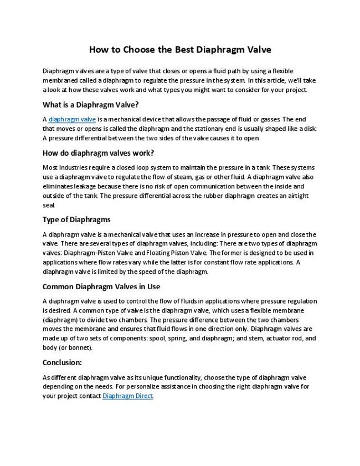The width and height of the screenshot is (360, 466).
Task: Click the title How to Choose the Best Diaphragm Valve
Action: (180, 50)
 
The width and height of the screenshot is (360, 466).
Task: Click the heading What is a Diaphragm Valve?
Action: (90, 104)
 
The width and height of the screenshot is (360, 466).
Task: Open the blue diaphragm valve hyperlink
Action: (73, 119)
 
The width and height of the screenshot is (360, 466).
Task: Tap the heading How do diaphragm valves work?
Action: (98, 153)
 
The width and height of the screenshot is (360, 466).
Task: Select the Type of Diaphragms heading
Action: (76, 219)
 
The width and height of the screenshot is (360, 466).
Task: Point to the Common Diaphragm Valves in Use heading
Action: (101, 286)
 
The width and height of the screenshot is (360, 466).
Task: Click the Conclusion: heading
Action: (62, 362)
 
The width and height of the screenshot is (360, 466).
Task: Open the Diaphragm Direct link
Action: (127, 396)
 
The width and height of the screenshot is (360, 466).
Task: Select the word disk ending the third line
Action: (310, 129)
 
